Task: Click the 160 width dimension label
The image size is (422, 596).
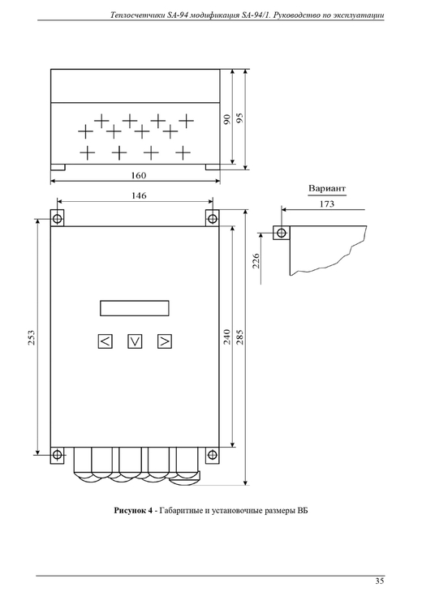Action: (x=139, y=176)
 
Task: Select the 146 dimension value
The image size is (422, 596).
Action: (x=139, y=195)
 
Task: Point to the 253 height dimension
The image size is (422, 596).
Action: (x=32, y=337)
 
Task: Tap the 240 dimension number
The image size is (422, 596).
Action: (x=226, y=337)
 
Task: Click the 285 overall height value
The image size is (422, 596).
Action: (x=239, y=337)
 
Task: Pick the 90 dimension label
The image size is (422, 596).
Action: (x=226, y=119)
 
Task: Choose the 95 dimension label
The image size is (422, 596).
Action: (x=239, y=118)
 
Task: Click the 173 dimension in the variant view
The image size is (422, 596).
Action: (x=326, y=204)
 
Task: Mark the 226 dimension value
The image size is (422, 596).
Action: (x=256, y=261)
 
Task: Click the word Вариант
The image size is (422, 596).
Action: (x=327, y=188)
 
